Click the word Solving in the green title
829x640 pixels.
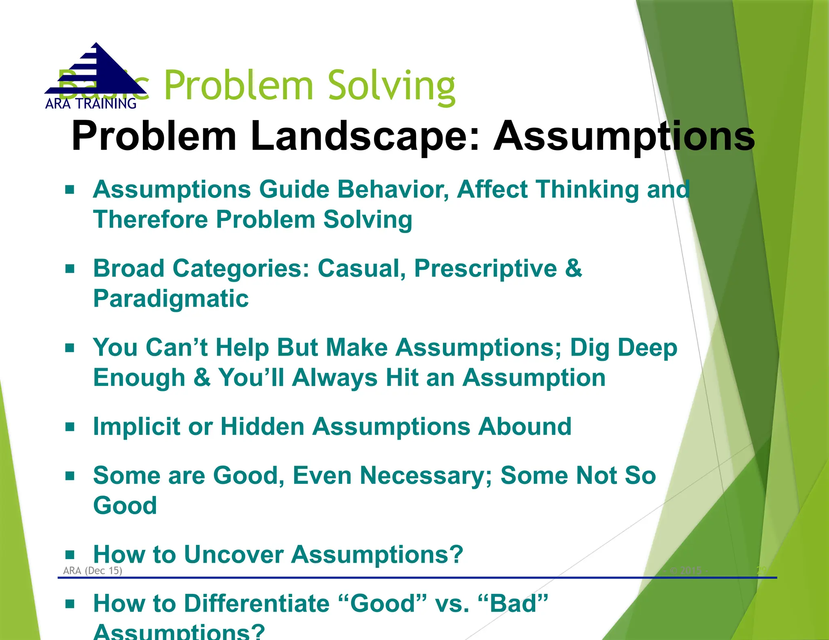391,86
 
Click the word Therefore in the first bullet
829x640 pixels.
150,220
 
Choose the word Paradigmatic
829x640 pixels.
171,299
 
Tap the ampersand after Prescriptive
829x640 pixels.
574,269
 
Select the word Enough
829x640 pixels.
139,378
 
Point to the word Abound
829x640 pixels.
525,427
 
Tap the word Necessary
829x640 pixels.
425,476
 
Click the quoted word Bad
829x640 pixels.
513,604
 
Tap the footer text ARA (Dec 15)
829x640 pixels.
93,571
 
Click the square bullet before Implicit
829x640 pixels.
70,427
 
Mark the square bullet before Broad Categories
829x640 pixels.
70,269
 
